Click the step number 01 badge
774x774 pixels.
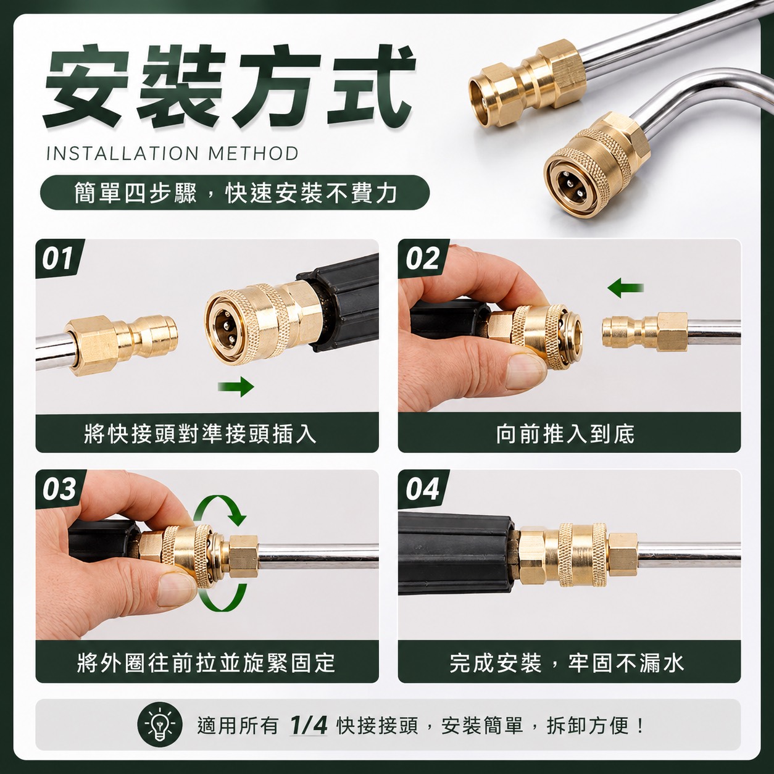pyautogui.click(x=59, y=259)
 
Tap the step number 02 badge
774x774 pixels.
pyautogui.click(x=423, y=259)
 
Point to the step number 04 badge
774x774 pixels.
pyautogui.click(x=423, y=489)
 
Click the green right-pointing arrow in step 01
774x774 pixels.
pyautogui.click(x=236, y=386)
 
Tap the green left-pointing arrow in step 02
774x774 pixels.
pyautogui.click(x=626, y=288)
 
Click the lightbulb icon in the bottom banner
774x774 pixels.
pyautogui.click(x=160, y=726)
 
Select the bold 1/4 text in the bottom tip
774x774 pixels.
pyautogui.click(x=308, y=725)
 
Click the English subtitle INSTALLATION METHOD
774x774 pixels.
pyautogui.click(x=173, y=154)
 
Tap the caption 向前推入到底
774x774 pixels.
pyautogui.click(x=565, y=434)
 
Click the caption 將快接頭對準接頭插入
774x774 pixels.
pyautogui.click(x=200, y=434)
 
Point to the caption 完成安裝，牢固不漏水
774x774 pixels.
pyautogui.click(x=567, y=663)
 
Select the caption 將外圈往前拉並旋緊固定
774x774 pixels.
pyautogui.click(x=206, y=663)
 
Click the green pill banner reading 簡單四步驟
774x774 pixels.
pyautogui.click(x=235, y=193)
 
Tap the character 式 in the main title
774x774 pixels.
pyautogui.click(x=370, y=85)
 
